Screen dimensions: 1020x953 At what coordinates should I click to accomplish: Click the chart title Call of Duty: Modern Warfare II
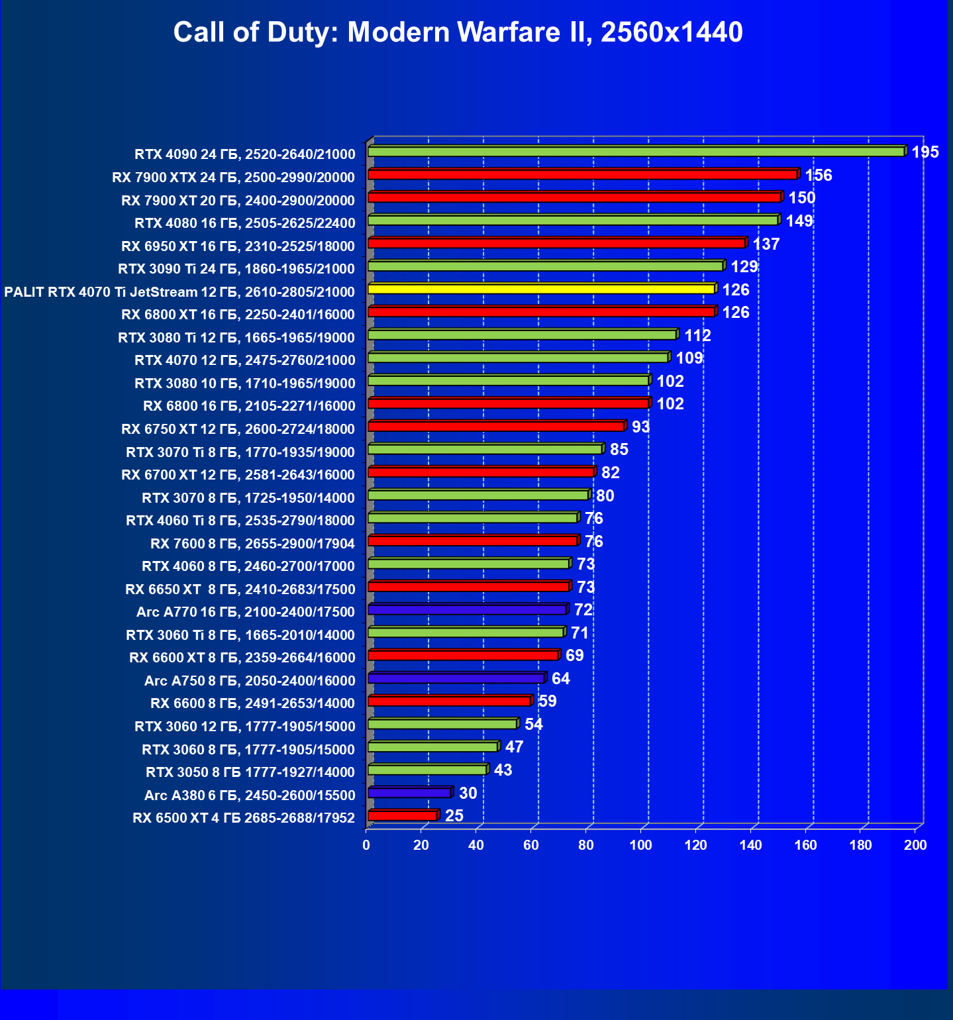pyautogui.click(x=458, y=32)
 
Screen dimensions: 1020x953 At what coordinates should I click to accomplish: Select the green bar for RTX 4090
pyautogui.click(x=636, y=152)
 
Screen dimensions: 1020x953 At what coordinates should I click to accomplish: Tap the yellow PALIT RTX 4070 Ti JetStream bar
pyautogui.click(x=541, y=289)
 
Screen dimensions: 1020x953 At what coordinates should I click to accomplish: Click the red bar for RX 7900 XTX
pyautogui.click(x=582, y=175)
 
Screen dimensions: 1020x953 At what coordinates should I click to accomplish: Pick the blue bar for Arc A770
pyautogui.click(x=467, y=610)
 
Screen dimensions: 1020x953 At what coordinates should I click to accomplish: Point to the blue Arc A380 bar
pyautogui.click(x=409, y=793)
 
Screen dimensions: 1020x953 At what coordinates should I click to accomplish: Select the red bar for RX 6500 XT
pyautogui.click(x=402, y=816)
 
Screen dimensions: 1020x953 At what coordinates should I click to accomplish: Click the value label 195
pyautogui.click(x=925, y=152)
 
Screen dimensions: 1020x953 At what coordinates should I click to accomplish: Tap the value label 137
pyautogui.click(x=766, y=244)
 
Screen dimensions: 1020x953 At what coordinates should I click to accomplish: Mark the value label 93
pyautogui.click(x=640, y=427)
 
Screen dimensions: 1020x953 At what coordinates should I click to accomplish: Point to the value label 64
pyautogui.click(x=560, y=678)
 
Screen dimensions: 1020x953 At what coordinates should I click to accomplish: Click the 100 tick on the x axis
pyautogui.click(x=640, y=845)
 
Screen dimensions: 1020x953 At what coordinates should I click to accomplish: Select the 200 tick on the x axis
pyautogui.click(x=915, y=845)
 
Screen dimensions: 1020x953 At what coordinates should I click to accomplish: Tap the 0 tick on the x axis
pyautogui.click(x=366, y=845)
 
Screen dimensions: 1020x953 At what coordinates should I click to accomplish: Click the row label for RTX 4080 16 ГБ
pyautogui.click(x=244, y=223)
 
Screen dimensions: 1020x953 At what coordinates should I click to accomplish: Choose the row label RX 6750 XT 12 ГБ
pyautogui.click(x=238, y=429)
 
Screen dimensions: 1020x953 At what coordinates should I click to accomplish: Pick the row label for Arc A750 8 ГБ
pyautogui.click(x=250, y=681)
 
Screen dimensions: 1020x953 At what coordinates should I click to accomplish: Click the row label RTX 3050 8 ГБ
pyautogui.click(x=250, y=772)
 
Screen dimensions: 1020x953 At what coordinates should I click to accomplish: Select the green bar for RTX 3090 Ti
pyautogui.click(x=545, y=266)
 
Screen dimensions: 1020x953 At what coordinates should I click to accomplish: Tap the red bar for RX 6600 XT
pyautogui.click(x=463, y=656)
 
